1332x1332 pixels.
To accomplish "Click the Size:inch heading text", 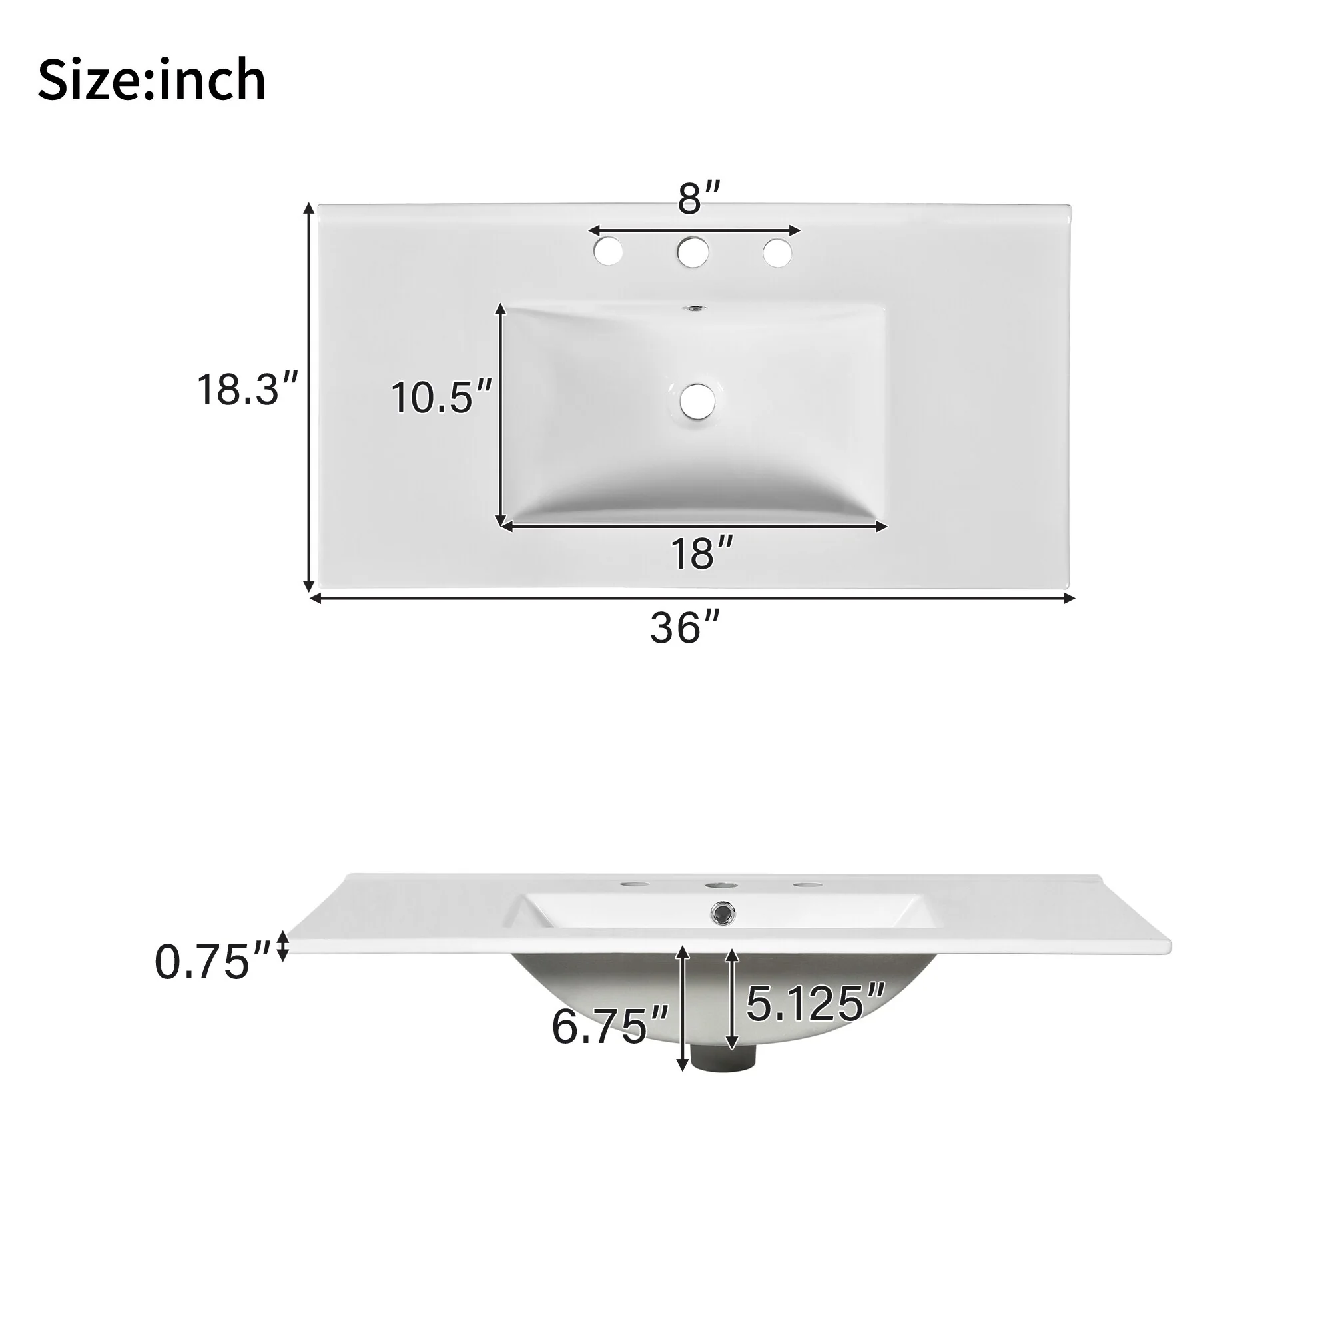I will (x=152, y=81).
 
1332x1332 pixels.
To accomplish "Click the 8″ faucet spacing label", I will (x=699, y=199).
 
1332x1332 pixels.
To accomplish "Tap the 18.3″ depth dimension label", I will (x=248, y=390).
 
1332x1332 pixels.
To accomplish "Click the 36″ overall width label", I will (x=685, y=628).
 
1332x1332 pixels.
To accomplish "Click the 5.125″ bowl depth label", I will (x=815, y=1004).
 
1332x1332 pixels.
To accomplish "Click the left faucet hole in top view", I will (x=608, y=252).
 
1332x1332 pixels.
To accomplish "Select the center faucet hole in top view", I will (x=693, y=252).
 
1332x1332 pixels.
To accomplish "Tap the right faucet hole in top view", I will (x=777, y=252).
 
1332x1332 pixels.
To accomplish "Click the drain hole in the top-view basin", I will (x=698, y=400).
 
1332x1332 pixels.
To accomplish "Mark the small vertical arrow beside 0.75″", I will (x=281, y=945).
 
